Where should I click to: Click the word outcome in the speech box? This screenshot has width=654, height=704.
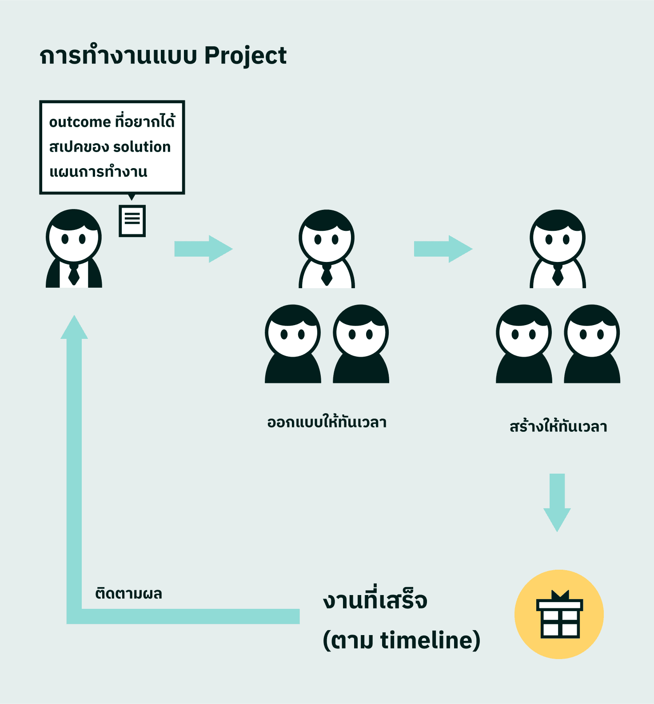click(80, 122)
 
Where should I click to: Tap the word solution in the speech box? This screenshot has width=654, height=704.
click(142, 147)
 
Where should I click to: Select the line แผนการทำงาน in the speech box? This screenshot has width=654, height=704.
click(98, 172)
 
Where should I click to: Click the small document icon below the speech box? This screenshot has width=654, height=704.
click(132, 221)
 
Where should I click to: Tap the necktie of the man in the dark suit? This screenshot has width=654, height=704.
click(74, 274)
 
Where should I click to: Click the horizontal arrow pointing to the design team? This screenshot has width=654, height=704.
click(203, 249)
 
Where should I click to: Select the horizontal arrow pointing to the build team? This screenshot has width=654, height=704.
click(443, 249)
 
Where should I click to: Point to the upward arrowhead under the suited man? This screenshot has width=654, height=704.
click(74, 328)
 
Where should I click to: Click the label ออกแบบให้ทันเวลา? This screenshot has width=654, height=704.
click(327, 422)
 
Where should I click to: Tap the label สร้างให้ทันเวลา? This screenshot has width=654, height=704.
click(558, 426)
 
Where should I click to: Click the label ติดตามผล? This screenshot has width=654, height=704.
click(128, 594)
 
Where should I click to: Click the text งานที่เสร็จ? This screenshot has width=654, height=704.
click(375, 600)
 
